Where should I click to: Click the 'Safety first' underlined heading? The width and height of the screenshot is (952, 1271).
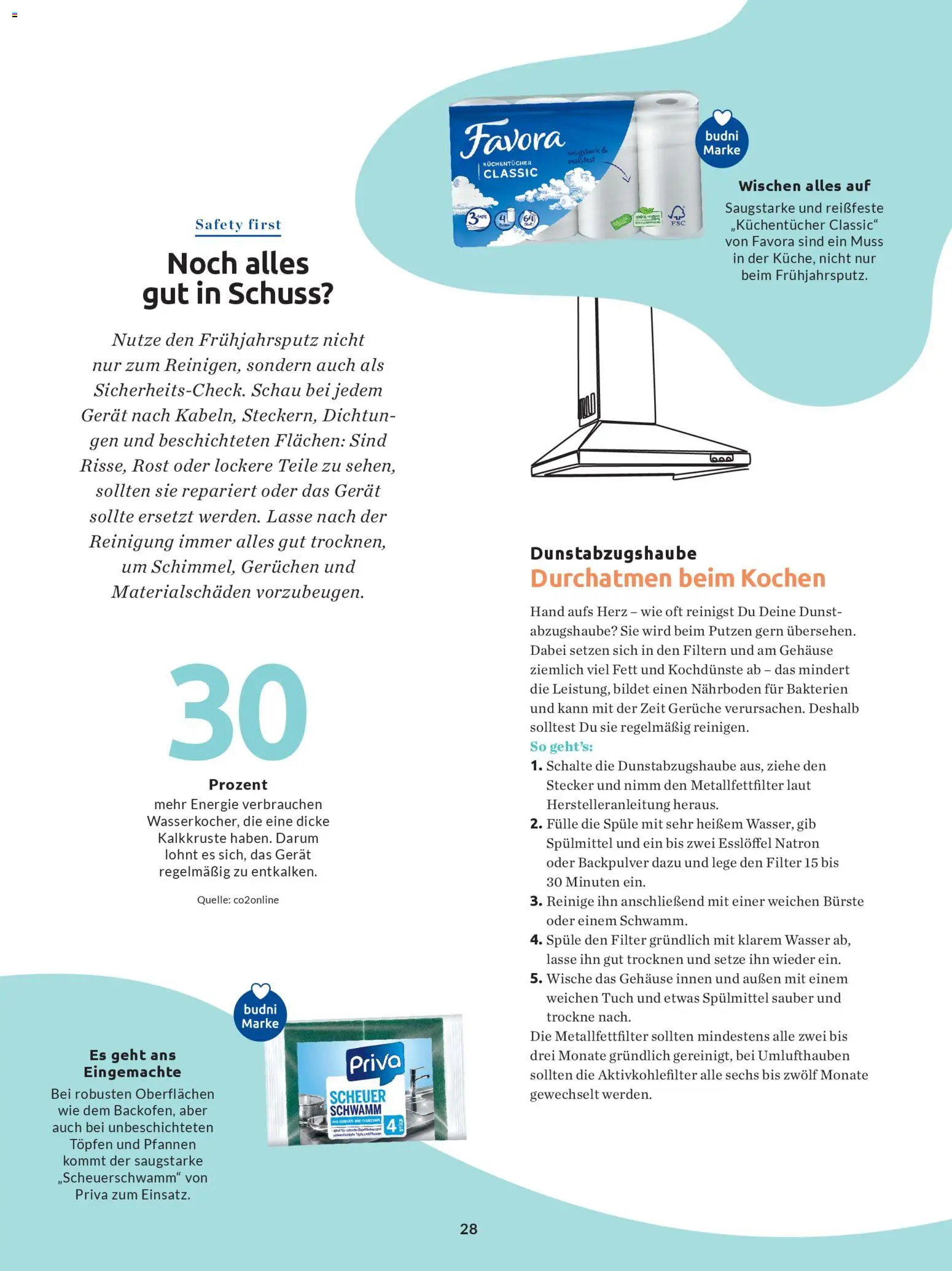click(x=238, y=225)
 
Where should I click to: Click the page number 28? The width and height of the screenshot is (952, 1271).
click(x=469, y=1229)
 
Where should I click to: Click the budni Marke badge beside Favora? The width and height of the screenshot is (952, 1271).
click(x=722, y=140)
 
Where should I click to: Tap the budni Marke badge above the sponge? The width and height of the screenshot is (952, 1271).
click(x=260, y=1014)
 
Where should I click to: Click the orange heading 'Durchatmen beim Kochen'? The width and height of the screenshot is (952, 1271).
click(x=677, y=579)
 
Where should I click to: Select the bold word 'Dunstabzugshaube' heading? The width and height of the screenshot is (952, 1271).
click(x=613, y=553)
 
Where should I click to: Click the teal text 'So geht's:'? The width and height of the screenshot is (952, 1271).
click(x=561, y=746)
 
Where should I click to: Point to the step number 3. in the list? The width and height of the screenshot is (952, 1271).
click(x=536, y=901)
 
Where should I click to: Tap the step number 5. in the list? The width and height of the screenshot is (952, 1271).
click(x=536, y=979)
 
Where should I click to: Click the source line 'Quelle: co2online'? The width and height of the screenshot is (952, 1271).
click(x=238, y=900)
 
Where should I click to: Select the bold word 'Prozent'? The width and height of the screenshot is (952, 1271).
click(x=238, y=784)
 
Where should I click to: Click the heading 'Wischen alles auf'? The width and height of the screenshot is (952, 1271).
click(x=804, y=186)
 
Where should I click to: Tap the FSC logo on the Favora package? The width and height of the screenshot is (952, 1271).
click(x=677, y=216)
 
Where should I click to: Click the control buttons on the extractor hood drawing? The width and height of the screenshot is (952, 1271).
click(x=721, y=458)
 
